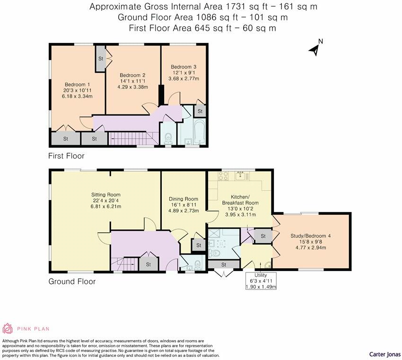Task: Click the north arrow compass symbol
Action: click(315, 49)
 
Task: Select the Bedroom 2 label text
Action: click(132, 75)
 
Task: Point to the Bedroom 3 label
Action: click(184, 67)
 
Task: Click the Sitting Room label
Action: click(106, 194)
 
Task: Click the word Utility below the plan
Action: click(260, 275)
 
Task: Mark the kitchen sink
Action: click(241, 176)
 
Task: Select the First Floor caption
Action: click(66, 156)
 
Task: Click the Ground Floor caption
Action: click(72, 281)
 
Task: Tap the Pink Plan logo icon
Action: click(8, 328)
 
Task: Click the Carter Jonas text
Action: click(385, 354)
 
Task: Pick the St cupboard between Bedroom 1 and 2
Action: click(101, 59)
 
